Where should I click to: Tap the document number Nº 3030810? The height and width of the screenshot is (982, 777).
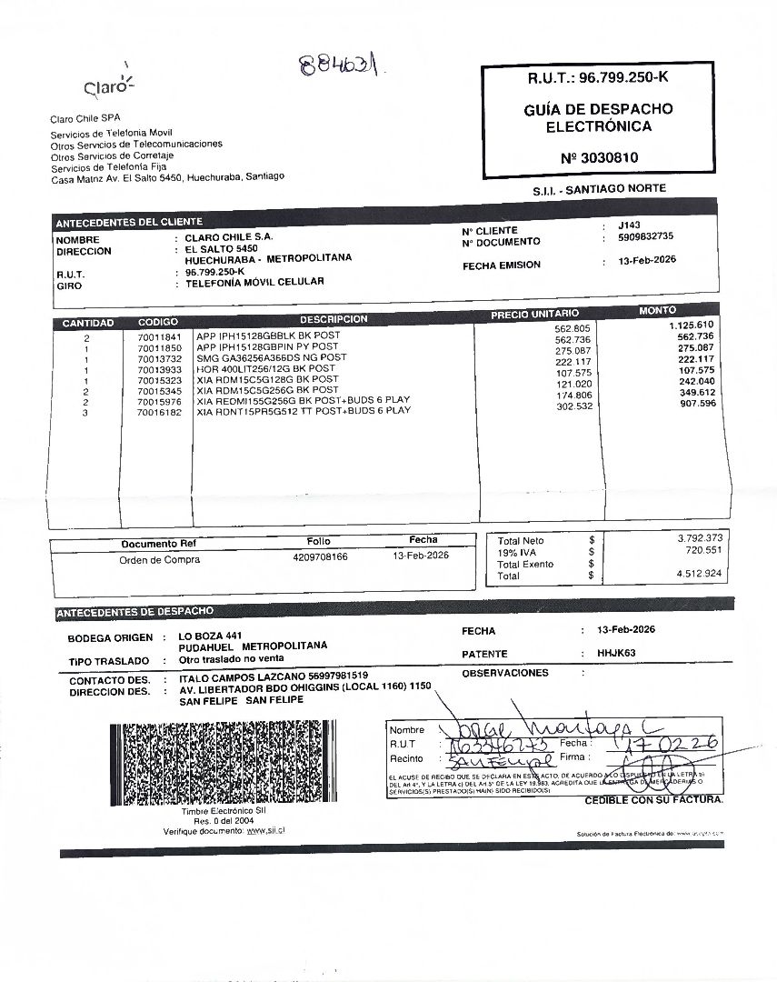[599, 157]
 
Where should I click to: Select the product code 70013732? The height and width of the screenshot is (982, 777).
[160, 358]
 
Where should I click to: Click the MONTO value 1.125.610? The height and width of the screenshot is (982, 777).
[691, 326]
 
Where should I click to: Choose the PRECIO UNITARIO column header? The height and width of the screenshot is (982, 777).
[534, 314]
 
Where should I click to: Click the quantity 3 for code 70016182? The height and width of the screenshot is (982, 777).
[85, 412]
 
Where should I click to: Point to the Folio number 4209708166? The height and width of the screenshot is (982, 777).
[320, 556]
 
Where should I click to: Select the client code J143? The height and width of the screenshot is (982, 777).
[628, 225]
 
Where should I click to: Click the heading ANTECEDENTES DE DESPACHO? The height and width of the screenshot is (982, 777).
[134, 612]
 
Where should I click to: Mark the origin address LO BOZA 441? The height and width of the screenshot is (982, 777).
[210, 635]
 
